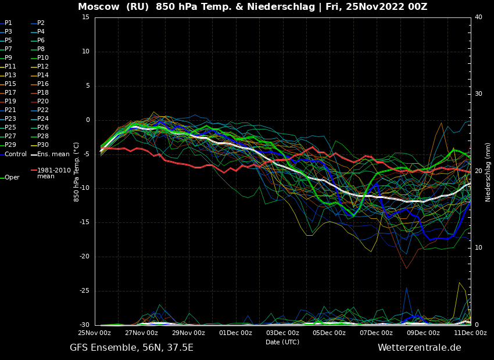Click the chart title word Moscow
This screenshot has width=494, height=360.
(x=99, y=7)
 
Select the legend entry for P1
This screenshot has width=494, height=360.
(x=8, y=23)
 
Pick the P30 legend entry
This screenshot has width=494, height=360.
(x=43, y=145)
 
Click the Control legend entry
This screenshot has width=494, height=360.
(x=16, y=154)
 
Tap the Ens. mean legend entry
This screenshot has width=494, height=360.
(x=53, y=154)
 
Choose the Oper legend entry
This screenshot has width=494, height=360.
(x=12, y=178)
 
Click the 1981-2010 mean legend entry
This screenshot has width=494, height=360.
(x=53, y=173)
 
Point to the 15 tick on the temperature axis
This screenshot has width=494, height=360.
(x=85, y=17)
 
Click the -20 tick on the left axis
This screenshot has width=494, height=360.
(x=84, y=257)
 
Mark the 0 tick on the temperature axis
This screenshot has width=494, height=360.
(x=88, y=120)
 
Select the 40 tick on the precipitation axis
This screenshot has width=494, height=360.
(x=478, y=17)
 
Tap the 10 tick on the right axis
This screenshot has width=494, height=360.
(x=478, y=248)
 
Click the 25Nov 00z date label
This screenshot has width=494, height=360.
(x=95, y=333)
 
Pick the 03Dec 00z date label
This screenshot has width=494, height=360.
(x=282, y=333)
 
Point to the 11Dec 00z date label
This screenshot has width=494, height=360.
(x=470, y=333)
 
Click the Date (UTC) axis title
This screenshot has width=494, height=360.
(x=282, y=342)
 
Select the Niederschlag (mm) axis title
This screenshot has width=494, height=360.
(x=488, y=171)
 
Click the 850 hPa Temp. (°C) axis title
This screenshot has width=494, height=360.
(x=77, y=171)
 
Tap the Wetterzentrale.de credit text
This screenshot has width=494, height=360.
(x=419, y=348)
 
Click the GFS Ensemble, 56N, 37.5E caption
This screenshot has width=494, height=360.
(x=131, y=348)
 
